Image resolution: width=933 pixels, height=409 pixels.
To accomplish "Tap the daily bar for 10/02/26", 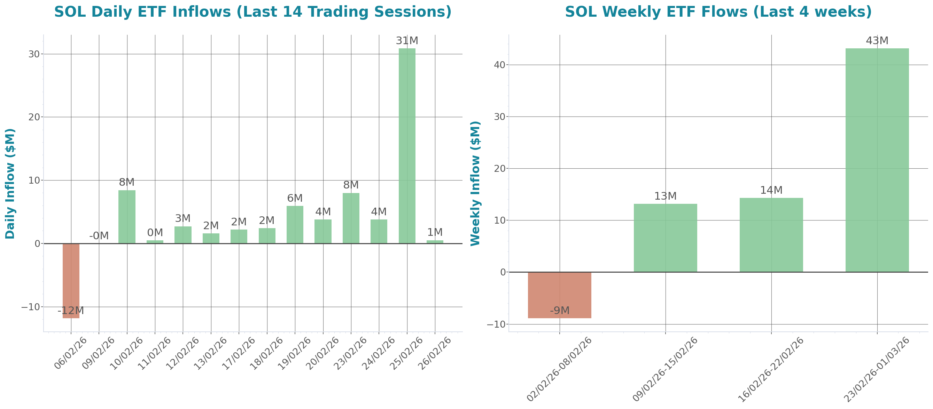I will pyautogui.click(x=127, y=217).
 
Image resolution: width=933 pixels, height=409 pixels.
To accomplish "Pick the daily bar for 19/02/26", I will pyautogui.click(x=295, y=225).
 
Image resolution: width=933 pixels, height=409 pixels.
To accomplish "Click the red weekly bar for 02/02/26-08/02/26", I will pyautogui.click(x=559, y=295).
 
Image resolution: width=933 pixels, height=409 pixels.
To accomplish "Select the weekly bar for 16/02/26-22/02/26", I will pyautogui.click(x=771, y=235).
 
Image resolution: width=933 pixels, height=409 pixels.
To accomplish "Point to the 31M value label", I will pyautogui.click(x=407, y=41).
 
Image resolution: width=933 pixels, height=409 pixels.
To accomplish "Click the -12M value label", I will pyautogui.click(x=71, y=310).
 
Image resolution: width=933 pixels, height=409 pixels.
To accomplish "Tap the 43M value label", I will pyautogui.click(x=877, y=41).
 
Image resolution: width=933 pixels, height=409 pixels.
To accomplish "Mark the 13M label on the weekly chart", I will pyautogui.click(x=665, y=196).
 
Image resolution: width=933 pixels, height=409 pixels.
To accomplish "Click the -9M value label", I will pyautogui.click(x=559, y=310).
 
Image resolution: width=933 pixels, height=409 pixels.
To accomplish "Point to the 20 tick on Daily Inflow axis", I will pyautogui.click(x=34, y=117).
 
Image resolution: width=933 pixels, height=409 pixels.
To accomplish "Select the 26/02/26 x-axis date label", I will pyautogui.click(x=435, y=353).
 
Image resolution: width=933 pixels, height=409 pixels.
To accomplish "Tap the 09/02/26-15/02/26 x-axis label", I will pyautogui.click(x=665, y=369).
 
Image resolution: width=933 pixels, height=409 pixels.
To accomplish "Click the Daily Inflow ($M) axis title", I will pyautogui.click(x=10, y=183).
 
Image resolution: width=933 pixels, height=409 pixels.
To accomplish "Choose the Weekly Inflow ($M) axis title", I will pyautogui.click(x=475, y=183).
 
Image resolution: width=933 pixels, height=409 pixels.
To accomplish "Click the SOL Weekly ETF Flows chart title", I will pyautogui.click(x=718, y=12).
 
